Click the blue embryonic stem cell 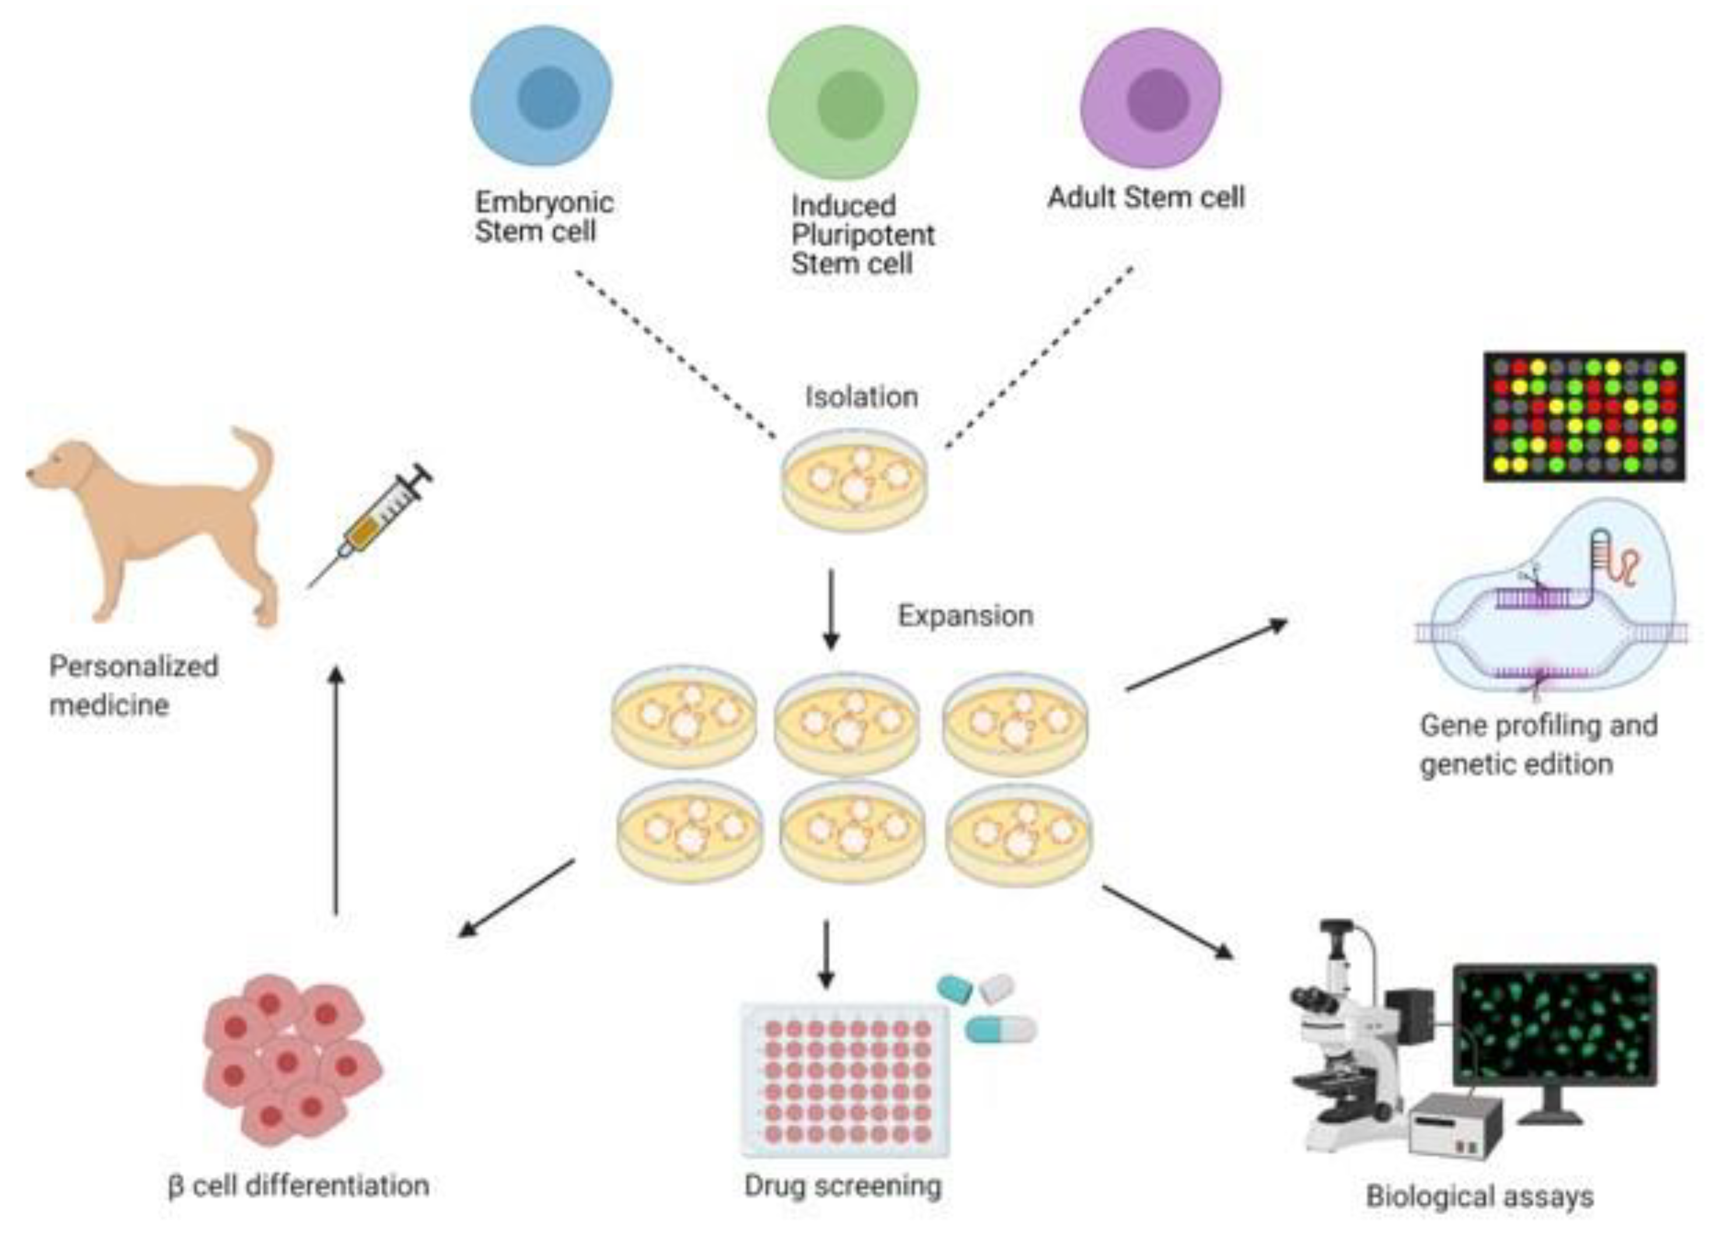tap(542, 97)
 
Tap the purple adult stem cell tap(1151, 99)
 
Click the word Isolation tap(861, 396)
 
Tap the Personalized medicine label tap(133, 685)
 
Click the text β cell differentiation tap(298, 1185)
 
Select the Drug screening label tap(842, 1185)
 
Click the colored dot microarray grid tap(1584, 416)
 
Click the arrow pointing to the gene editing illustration tap(1207, 655)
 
